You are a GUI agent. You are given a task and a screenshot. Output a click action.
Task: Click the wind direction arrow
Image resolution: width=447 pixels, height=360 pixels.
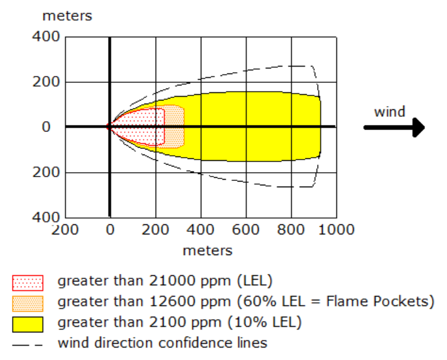point(394,128)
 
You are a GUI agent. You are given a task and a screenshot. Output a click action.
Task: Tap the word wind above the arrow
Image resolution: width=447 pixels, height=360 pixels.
point(389,112)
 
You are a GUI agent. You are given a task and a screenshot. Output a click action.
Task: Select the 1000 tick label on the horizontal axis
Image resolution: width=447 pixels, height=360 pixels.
point(335,230)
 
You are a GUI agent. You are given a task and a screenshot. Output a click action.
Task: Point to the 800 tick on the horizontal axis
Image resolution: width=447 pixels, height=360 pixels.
point(291,230)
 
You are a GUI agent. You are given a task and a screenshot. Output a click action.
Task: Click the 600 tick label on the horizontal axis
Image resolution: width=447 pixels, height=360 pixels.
point(245,230)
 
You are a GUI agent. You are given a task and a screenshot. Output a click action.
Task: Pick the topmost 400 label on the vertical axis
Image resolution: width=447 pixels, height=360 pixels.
point(46,37)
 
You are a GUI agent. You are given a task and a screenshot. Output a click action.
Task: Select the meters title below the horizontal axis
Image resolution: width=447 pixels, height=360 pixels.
point(207,251)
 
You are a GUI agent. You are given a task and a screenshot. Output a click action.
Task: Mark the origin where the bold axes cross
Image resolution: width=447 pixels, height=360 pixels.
point(110,127)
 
